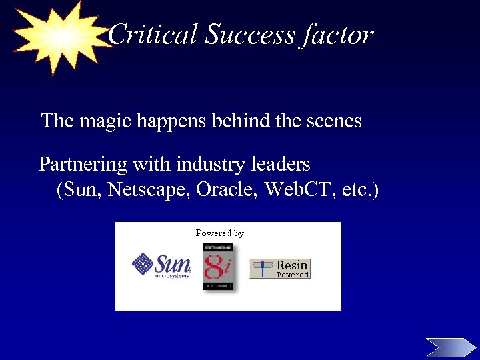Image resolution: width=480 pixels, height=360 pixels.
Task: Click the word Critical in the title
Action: click(153, 35)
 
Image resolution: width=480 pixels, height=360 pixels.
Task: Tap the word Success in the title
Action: click(249, 35)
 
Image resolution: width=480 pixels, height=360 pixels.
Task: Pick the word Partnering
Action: click(83, 164)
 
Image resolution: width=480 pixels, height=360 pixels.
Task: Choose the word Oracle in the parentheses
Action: click(227, 191)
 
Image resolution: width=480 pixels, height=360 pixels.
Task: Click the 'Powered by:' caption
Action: click(221, 233)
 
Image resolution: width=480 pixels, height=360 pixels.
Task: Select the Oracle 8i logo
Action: click(217, 266)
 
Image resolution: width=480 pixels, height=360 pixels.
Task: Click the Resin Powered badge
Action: click(280, 269)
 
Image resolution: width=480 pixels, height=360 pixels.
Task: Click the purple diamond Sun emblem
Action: click(143, 265)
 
